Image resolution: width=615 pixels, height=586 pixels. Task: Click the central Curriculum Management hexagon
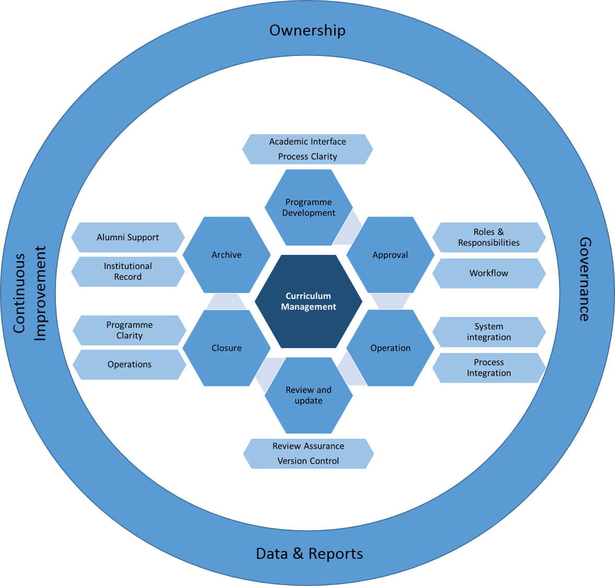click(x=309, y=301)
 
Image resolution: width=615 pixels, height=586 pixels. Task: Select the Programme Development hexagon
click(x=309, y=207)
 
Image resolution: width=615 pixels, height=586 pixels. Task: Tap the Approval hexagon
click(x=390, y=255)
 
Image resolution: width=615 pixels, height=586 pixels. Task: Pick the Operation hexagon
click(x=390, y=348)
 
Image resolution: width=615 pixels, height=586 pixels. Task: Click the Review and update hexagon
click(x=309, y=395)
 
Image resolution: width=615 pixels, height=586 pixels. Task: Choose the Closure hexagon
click(x=226, y=348)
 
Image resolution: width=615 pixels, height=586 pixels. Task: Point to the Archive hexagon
click(x=226, y=255)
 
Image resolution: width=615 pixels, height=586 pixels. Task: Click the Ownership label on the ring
click(x=307, y=30)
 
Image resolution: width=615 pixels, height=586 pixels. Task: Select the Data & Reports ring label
click(x=309, y=554)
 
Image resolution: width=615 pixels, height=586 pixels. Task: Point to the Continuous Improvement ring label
click(x=29, y=293)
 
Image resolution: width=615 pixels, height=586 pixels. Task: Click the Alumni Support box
click(x=128, y=238)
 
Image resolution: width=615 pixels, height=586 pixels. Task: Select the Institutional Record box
click(x=128, y=272)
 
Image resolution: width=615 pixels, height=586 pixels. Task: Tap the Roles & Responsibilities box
click(x=488, y=238)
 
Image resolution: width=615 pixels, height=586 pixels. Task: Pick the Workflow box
click(x=488, y=273)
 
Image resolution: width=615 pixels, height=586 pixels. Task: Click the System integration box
click(x=488, y=332)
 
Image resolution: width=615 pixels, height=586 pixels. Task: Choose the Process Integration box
click(x=488, y=368)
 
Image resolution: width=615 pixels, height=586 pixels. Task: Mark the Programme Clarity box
click(x=129, y=330)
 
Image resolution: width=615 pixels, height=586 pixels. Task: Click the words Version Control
click(x=308, y=461)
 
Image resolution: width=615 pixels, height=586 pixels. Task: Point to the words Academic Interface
click(x=307, y=142)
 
